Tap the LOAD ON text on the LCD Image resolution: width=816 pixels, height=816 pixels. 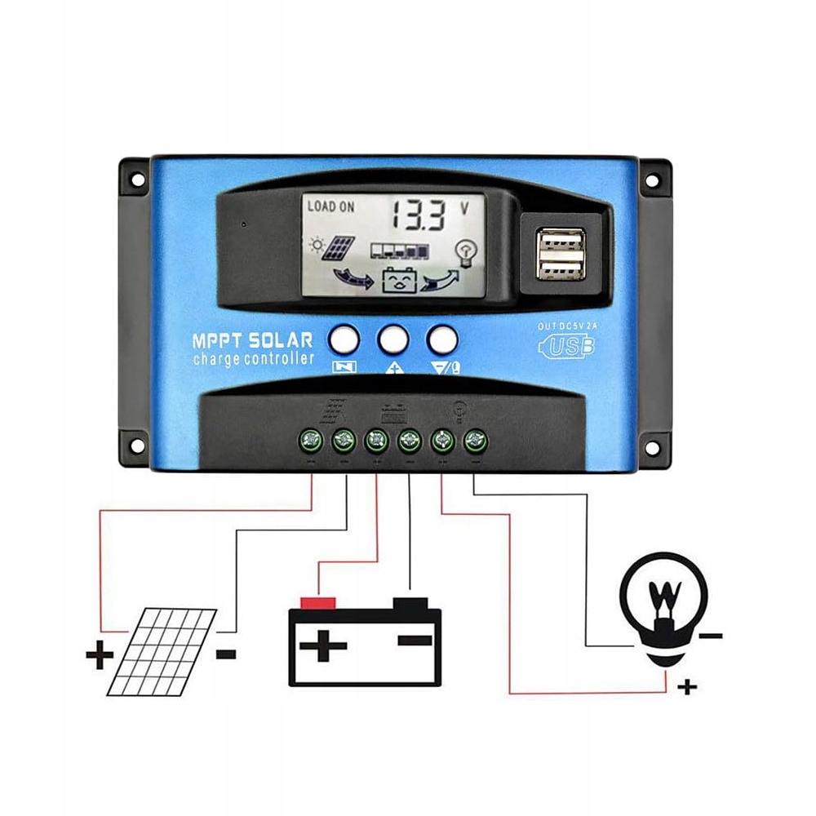click(330, 207)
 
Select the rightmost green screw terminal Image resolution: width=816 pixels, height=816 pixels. click(474, 441)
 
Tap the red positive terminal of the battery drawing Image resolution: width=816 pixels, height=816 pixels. click(319, 602)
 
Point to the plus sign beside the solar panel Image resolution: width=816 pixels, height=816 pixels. click(98, 654)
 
